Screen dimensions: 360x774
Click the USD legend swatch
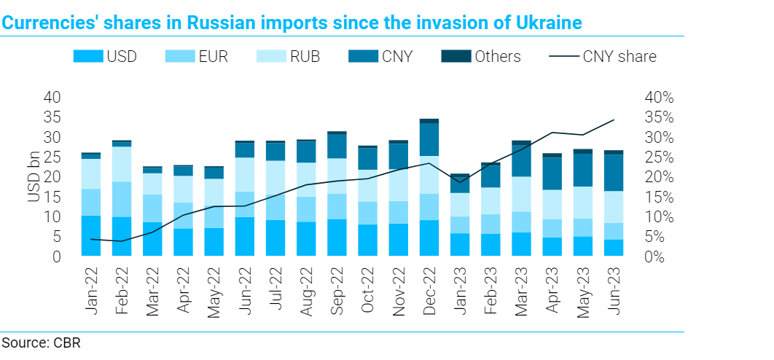click(87, 56)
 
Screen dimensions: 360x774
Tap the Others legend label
click(498, 56)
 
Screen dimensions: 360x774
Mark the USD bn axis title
click(32, 178)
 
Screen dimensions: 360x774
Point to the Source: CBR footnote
click(40, 343)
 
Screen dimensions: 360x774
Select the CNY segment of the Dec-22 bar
click(429, 139)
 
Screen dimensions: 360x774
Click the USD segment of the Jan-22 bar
click(91, 235)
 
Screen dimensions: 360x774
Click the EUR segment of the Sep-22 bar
click(337, 206)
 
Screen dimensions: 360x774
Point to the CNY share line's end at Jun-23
click(614, 120)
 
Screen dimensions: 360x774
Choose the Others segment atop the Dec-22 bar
click(429, 121)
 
